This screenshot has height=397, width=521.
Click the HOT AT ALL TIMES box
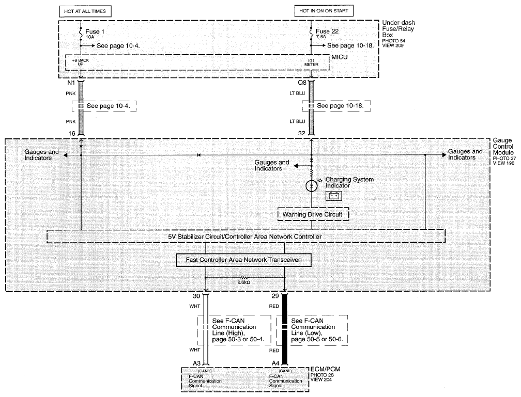[x=85, y=11]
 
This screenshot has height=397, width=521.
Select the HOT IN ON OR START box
[x=324, y=11]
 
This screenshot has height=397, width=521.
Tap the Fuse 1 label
[x=95, y=31]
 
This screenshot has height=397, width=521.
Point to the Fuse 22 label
[x=327, y=31]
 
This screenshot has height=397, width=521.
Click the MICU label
[x=339, y=57]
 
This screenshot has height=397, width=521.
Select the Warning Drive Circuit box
[x=313, y=214]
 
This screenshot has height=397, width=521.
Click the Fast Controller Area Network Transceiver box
[x=243, y=260]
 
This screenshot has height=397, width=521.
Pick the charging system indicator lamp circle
[x=311, y=186]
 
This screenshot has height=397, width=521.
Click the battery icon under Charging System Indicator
[x=333, y=196]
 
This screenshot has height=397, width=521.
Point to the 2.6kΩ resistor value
[x=243, y=282]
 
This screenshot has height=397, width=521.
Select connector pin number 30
[x=196, y=296]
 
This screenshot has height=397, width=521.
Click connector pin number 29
[x=275, y=296]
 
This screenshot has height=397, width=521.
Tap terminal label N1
[x=71, y=83]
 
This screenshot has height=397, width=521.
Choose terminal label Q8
[x=302, y=83]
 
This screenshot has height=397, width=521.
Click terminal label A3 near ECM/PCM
[x=196, y=363]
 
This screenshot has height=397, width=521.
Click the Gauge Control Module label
[x=503, y=147]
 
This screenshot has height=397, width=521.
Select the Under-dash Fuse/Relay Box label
[x=399, y=29]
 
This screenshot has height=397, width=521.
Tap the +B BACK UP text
[x=81, y=62]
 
